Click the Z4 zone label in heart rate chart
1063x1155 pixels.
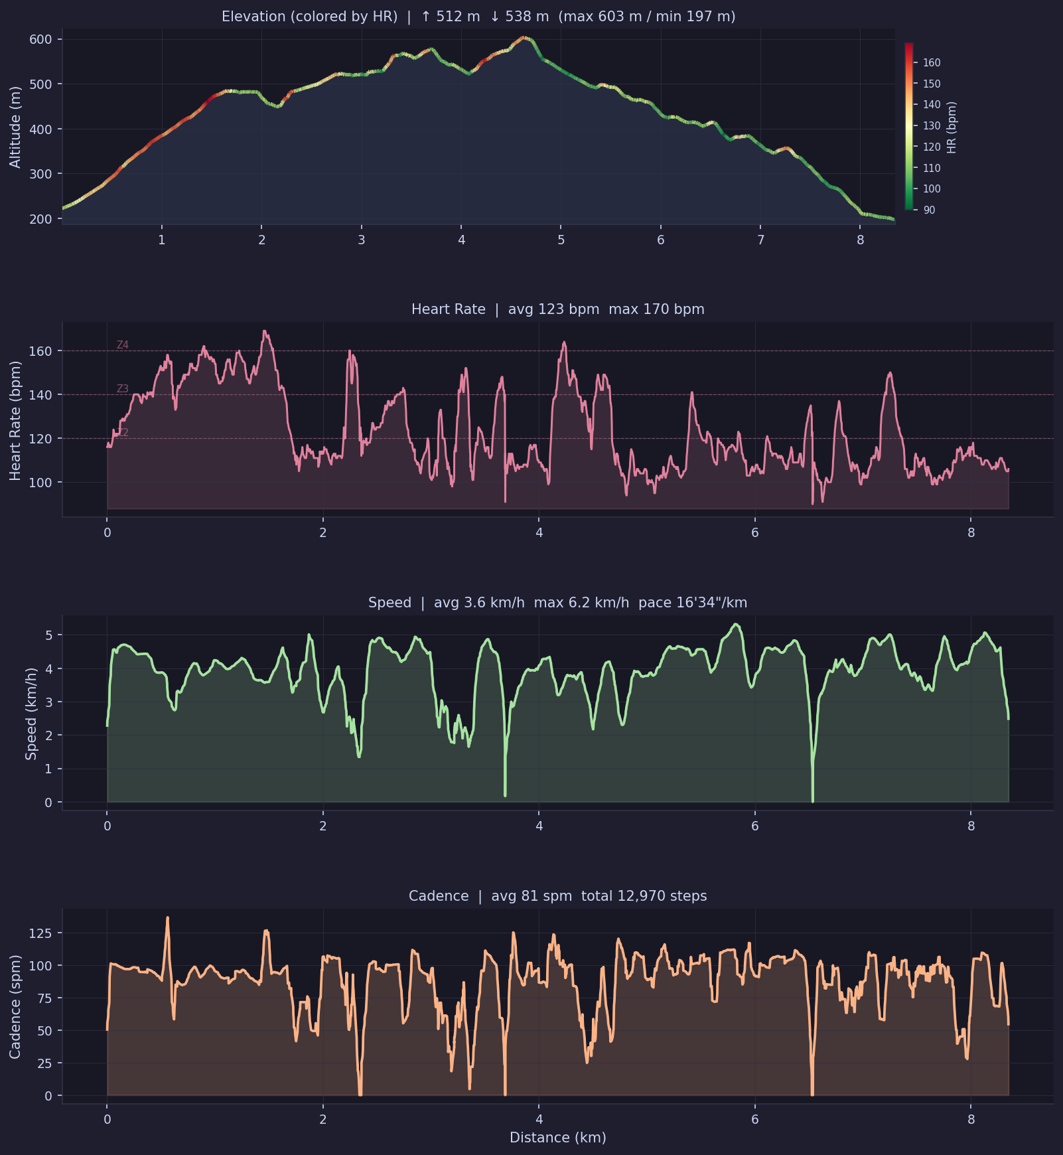coord(122,345)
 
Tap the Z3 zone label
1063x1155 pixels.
coord(122,389)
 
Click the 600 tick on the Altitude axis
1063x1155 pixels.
coord(40,40)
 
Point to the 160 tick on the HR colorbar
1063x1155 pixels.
coord(932,63)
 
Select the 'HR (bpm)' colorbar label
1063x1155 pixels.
coord(952,127)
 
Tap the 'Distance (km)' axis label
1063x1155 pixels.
coord(557,1138)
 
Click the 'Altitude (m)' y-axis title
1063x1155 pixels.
coord(15,127)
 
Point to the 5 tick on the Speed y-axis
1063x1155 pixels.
coord(49,635)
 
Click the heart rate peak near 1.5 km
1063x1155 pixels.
coord(265,331)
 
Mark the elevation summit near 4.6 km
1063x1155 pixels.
coord(524,38)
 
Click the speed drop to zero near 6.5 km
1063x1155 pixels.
coord(812,800)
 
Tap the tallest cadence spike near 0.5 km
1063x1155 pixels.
coord(167,918)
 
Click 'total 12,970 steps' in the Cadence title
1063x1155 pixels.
coord(644,896)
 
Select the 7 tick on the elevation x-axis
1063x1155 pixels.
coord(760,240)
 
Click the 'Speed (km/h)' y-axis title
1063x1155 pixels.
coord(31,713)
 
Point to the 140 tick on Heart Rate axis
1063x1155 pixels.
coord(40,395)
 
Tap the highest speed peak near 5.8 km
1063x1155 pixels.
coord(735,625)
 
